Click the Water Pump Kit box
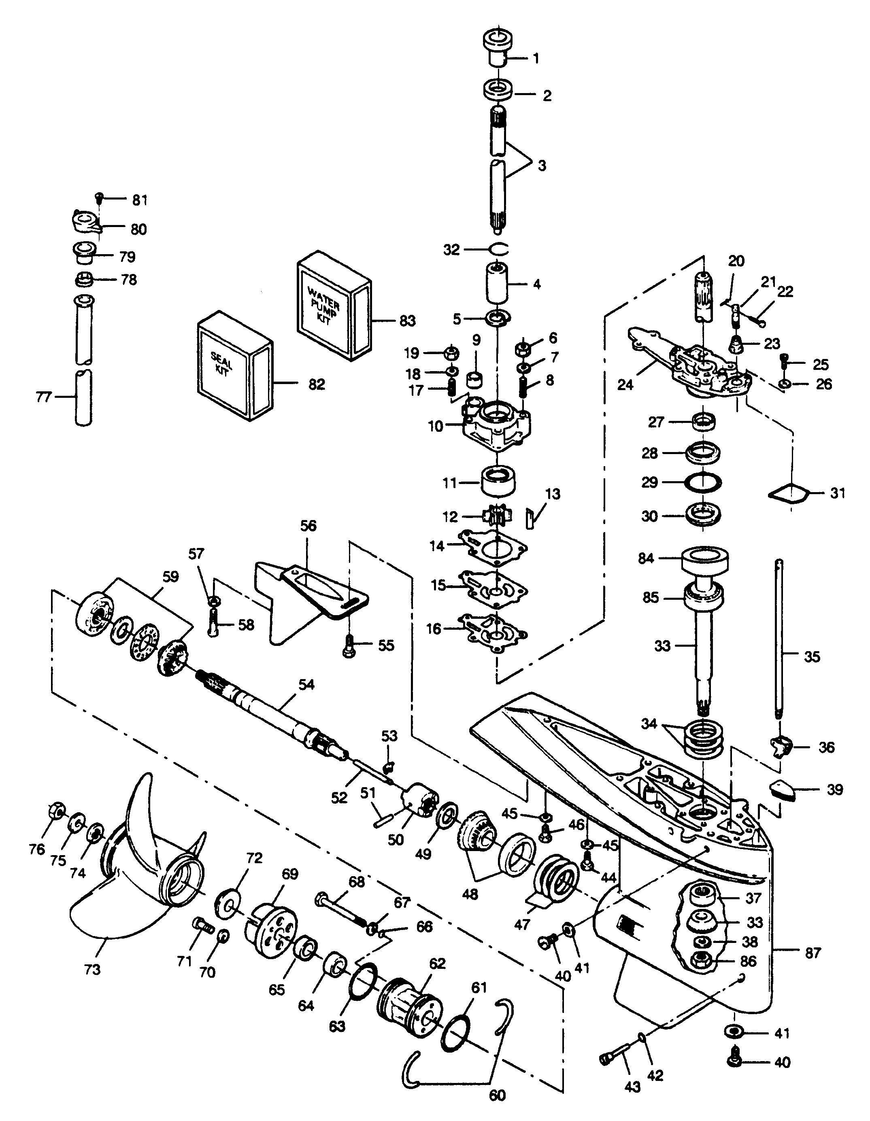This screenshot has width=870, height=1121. click(334, 306)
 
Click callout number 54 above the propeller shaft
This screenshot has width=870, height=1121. click(306, 685)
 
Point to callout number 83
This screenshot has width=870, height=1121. click(407, 321)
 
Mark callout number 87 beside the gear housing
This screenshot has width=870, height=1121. click(813, 953)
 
